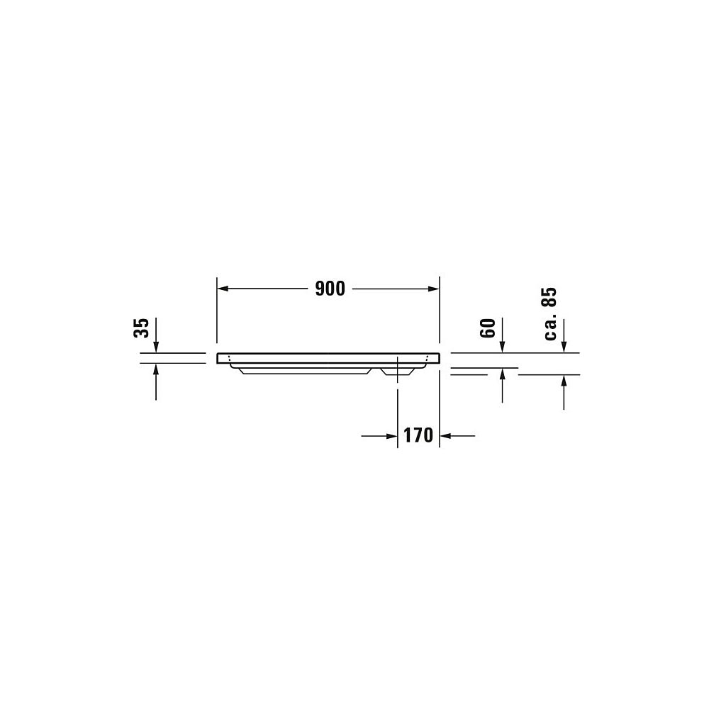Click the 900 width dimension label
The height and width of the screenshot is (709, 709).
pos(330,289)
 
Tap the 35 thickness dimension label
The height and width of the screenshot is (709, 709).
pos(142,328)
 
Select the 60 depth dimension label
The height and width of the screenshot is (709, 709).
pos(488,328)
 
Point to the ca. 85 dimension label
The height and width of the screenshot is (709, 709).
pos(550,314)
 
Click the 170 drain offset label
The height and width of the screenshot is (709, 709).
pos(418,435)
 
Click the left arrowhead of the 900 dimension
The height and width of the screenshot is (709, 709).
pos(223,289)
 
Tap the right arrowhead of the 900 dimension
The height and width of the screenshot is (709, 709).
pos(433,289)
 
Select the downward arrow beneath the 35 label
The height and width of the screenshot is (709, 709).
pos(156,335)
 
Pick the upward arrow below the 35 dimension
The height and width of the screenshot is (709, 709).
pos(156,382)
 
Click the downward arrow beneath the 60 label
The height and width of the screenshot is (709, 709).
pos(503,335)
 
